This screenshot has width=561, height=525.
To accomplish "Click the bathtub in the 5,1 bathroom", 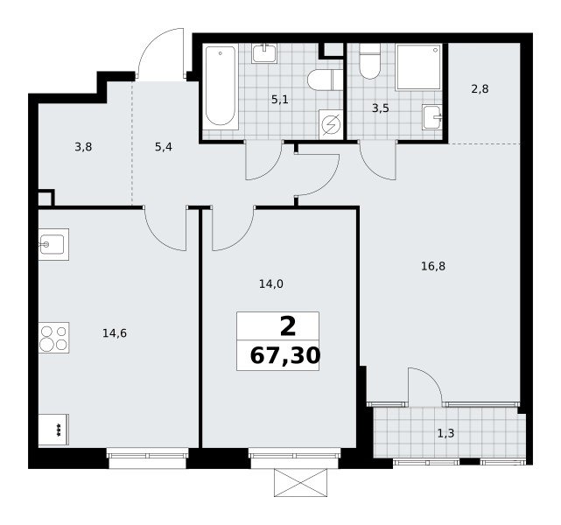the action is coord(221,87).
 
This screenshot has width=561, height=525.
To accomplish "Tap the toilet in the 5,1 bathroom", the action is coord(325,80).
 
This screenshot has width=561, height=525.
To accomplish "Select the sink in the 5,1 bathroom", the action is coord(264,53).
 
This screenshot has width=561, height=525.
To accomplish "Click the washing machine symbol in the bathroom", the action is coord(331,125).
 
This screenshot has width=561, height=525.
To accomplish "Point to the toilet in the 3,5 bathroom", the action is coord(369,61).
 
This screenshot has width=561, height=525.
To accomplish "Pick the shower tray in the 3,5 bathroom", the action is coord(418,67).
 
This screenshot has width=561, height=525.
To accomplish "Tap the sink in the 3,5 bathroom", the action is coord(431,117).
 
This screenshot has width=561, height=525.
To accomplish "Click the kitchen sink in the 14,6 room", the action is coord(53,244).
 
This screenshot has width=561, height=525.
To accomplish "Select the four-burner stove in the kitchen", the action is coord(53,338).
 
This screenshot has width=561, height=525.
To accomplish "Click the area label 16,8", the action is coord(433,266).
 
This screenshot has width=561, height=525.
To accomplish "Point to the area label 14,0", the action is coord(270,284).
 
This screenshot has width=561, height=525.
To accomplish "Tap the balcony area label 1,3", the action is coord(445,433).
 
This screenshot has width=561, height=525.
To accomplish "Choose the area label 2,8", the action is coord(480,88).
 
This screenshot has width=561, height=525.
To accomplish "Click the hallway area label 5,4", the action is coord(164,147).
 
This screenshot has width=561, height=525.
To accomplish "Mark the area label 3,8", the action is coord(83,147).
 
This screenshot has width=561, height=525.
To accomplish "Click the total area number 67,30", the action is coord(284,356).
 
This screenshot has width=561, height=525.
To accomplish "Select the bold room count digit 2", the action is coord(288,327).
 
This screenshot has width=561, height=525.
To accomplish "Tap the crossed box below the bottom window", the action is coord(300,483).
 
